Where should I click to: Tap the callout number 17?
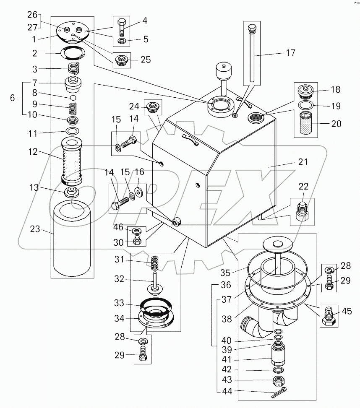pos(290,53)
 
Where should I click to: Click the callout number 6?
pos(13,98)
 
